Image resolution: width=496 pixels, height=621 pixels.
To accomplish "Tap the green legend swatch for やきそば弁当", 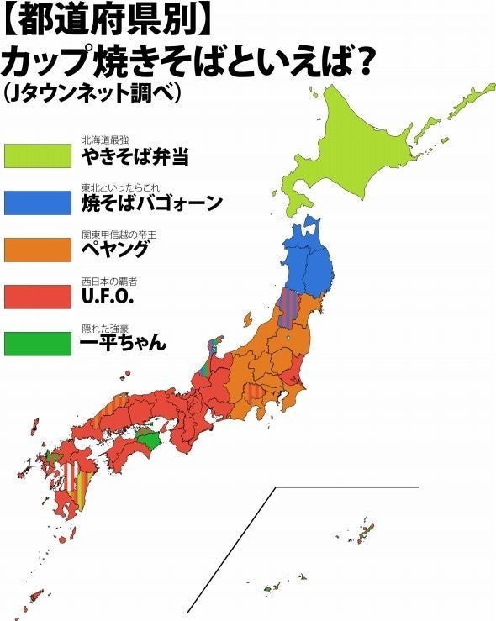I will coord(38,155).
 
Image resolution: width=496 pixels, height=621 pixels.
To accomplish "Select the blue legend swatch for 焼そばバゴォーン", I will coord(38,203).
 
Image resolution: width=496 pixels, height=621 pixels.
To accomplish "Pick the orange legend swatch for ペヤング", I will coord(38,250).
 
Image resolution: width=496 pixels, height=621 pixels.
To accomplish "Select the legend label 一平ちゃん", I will coord(124,344).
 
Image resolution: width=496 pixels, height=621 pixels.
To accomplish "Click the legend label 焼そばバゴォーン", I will coord(151,203).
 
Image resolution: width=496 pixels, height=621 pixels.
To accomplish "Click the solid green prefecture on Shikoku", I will coord(147,439).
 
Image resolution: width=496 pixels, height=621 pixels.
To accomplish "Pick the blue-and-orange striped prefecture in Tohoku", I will coord(288,306).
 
